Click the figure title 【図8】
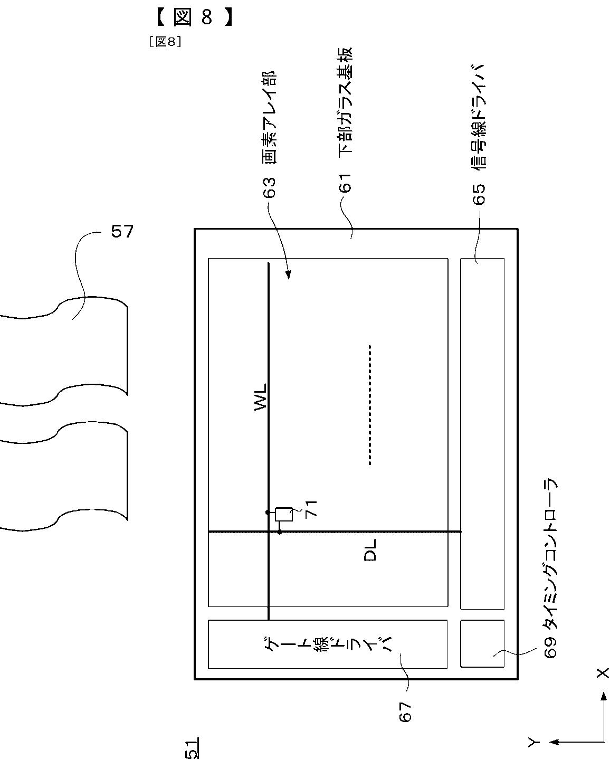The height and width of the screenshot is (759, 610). click(x=194, y=17)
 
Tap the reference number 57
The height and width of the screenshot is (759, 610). click(x=122, y=232)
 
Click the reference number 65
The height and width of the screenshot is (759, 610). click(x=479, y=194)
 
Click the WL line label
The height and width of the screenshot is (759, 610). click(x=261, y=397)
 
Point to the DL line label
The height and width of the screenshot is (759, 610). click(x=370, y=550)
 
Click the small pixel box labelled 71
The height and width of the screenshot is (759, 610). click(x=284, y=514)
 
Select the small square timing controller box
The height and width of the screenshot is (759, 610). click(x=482, y=643)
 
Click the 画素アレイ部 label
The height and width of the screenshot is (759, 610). click(x=269, y=118)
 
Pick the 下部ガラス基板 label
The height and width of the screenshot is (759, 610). click(x=345, y=100)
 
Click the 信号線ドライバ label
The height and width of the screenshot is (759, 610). click(x=479, y=117)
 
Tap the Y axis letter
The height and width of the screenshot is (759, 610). click(x=533, y=741)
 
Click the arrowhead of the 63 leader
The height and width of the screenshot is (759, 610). click(x=288, y=275)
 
